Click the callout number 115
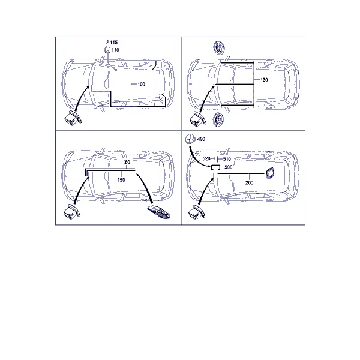(113, 42)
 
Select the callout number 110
(115, 50)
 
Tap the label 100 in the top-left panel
(141, 84)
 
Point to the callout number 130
(264, 80)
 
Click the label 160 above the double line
(126, 162)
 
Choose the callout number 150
(121, 180)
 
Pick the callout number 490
(201, 139)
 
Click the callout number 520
(206, 158)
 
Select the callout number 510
(227, 159)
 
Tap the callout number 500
(228, 167)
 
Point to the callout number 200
(250, 183)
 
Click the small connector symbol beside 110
(107, 50)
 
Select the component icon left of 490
(190, 139)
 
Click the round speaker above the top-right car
(219, 48)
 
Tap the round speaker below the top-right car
(218, 119)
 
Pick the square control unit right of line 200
(269, 173)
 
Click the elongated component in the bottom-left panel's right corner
(158, 212)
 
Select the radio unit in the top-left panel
(73, 118)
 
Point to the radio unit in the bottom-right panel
(197, 212)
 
